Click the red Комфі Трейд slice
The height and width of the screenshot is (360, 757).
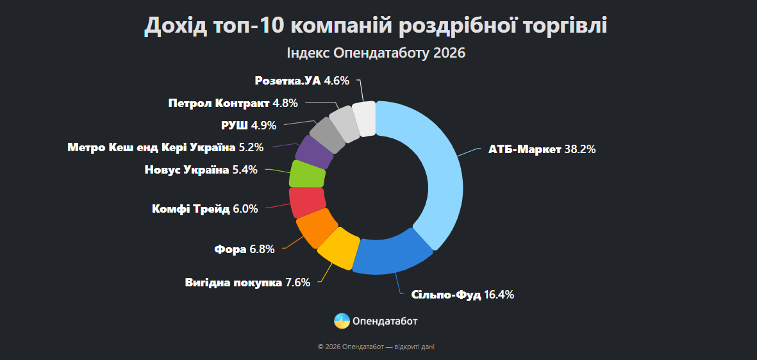[x=307, y=202]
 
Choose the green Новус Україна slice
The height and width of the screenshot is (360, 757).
[x=308, y=174]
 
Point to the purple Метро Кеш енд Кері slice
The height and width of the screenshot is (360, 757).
[x=315, y=151]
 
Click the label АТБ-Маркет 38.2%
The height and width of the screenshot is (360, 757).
[x=542, y=150]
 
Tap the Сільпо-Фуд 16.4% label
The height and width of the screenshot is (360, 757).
[x=462, y=295]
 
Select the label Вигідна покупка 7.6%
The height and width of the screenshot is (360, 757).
[x=247, y=282]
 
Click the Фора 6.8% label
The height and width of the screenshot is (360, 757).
[x=244, y=249]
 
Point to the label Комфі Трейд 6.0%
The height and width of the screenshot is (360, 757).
[x=204, y=209]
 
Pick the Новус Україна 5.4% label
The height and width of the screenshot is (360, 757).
[x=201, y=170]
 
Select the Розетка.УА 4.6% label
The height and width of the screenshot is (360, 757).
[x=302, y=81]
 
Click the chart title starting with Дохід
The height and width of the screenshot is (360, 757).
[x=376, y=26]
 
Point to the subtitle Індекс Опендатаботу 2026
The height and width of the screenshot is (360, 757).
[x=376, y=53]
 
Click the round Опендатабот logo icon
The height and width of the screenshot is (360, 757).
[x=342, y=321]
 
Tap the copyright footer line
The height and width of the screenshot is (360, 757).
[x=376, y=347]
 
